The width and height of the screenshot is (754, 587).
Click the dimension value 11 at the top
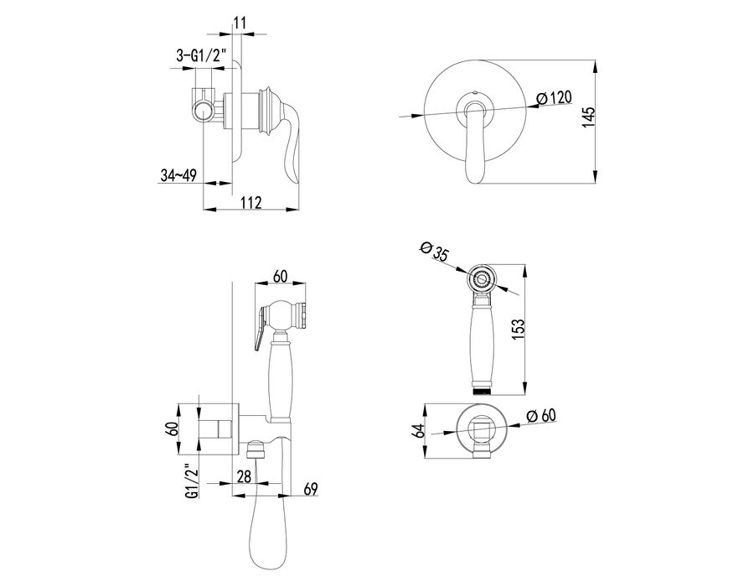[240, 23]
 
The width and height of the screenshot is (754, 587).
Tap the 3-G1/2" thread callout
[201, 56]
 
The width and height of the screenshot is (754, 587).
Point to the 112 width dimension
[251, 202]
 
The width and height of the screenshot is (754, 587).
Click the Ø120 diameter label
[555, 98]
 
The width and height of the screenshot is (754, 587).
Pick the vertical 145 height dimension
[589, 117]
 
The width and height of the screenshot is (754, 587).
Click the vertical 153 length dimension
[519, 329]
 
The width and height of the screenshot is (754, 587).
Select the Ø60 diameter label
[541, 415]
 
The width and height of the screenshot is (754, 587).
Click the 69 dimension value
[311, 490]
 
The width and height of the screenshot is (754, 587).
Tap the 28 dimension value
[245, 476]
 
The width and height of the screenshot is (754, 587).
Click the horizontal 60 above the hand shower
[280, 276]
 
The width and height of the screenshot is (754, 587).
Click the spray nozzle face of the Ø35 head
[481, 278]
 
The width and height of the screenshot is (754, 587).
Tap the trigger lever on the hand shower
[261, 327]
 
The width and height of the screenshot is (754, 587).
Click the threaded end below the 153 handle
[481, 390]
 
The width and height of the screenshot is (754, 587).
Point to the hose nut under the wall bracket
[256, 451]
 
